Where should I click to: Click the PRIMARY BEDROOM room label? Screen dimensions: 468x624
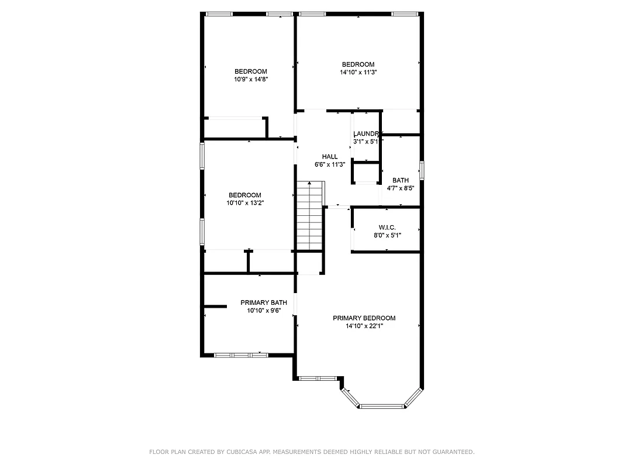point(364,318)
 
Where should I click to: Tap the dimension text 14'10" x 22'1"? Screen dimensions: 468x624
point(364,326)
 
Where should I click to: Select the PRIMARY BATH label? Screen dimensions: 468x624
point(264,302)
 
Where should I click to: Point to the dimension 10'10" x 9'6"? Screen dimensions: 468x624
point(264,311)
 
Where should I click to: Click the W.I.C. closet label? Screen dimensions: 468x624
point(387,227)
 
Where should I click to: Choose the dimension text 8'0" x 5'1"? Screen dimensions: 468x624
point(387,235)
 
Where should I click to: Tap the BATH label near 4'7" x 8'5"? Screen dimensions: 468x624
point(401,180)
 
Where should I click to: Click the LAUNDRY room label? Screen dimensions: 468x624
point(367,134)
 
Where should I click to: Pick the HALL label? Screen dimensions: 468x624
point(330,157)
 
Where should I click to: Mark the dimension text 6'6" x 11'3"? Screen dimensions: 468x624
point(330,165)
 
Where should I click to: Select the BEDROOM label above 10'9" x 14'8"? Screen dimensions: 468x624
point(251,71)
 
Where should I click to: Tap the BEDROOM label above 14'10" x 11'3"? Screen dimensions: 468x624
point(358,64)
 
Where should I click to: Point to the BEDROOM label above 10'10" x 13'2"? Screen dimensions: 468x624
point(244,195)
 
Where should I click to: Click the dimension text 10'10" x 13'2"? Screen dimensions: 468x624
point(244,203)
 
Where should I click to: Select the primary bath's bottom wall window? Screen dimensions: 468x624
point(241,355)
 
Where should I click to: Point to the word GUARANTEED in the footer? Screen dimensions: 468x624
point(451,452)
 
